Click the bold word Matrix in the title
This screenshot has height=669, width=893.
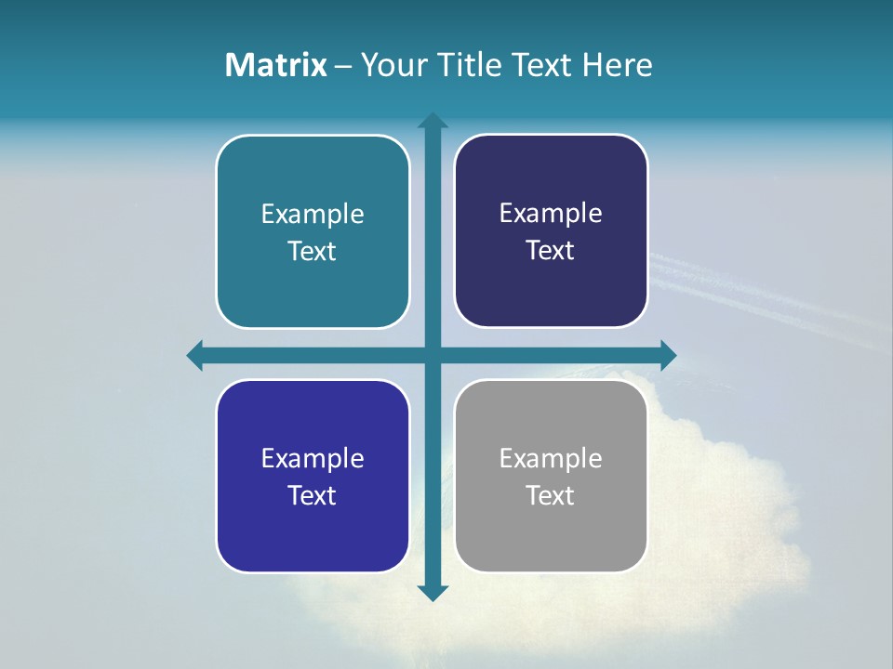(x=275, y=65)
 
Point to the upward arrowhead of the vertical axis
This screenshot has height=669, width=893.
(x=433, y=120)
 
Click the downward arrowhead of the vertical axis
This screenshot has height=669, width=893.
(x=433, y=593)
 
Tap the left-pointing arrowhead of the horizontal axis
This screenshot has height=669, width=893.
(x=195, y=355)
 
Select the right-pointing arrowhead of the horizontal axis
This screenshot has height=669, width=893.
(x=668, y=355)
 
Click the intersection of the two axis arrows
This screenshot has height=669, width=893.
(x=433, y=355)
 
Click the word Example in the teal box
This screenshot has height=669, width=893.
(x=313, y=214)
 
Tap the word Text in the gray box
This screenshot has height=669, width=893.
(x=551, y=495)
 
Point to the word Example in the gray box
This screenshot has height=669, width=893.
(x=551, y=458)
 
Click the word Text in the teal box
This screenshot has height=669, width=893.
(x=313, y=251)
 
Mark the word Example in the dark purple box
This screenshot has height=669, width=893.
(x=551, y=213)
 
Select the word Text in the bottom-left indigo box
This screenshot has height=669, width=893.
(x=313, y=495)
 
